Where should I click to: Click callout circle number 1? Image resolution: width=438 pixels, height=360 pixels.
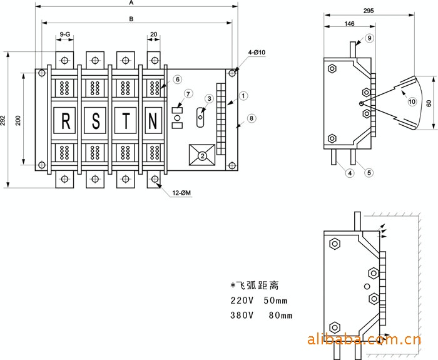coord(244,95)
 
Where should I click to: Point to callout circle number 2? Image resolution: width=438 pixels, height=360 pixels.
coord(202,155)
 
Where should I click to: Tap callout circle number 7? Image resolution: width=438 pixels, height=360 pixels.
coord(188,94)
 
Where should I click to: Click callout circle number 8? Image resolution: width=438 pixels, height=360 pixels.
coord(251,118)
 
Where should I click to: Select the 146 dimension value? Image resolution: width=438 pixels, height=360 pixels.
coord(349,23)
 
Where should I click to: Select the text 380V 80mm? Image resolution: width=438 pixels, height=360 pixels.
coord(262,315)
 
